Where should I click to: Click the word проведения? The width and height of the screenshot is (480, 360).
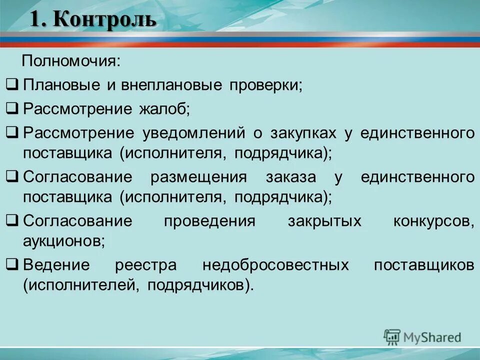[x=210, y=221]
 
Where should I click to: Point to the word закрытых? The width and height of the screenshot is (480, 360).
[x=324, y=221]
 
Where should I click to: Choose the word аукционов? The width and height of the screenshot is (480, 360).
[x=64, y=241]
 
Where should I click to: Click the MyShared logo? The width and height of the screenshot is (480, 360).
[x=422, y=337]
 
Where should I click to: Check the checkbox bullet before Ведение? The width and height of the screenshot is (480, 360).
[x=14, y=265]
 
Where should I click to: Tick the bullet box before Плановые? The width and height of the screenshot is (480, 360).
[x=14, y=85]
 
